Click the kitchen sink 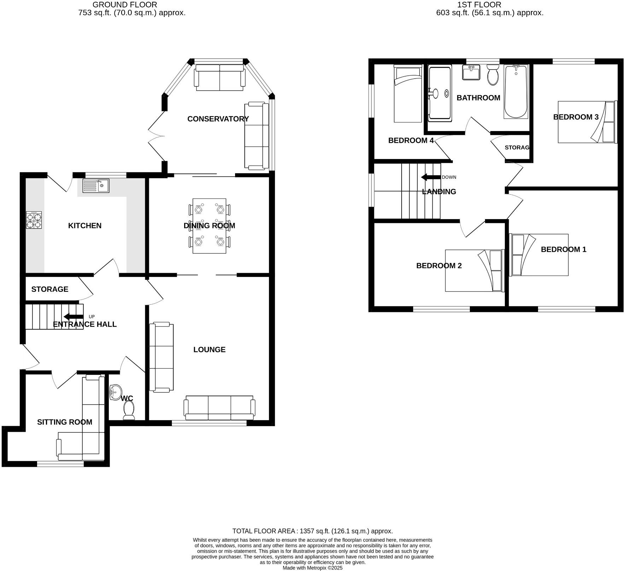(x=96, y=186)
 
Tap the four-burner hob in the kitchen (x=34, y=220)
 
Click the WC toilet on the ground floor (x=129, y=411)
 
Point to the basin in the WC (x=115, y=392)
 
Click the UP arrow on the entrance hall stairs (x=74, y=317)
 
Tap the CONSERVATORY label (x=218, y=119)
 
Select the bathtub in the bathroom (x=516, y=92)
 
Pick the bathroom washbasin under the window (x=471, y=72)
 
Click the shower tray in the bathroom (x=440, y=94)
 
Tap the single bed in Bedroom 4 (x=408, y=94)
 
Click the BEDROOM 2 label (x=439, y=266)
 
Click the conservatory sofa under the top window (x=220, y=77)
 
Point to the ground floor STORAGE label (x=50, y=289)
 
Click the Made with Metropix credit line (x=312, y=568)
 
